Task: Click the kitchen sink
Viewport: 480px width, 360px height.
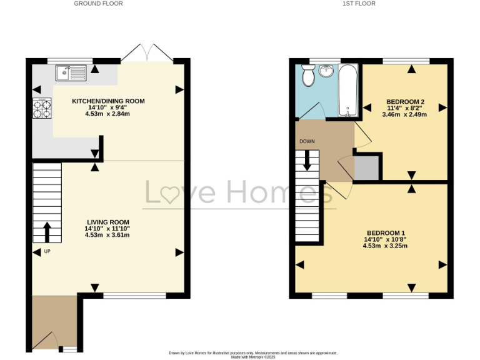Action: tap(71, 74)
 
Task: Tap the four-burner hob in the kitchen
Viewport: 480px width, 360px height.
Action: tap(43, 109)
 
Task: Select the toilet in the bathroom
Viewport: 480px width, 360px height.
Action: tap(307, 76)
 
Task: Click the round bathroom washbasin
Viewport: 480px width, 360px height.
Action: tap(326, 71)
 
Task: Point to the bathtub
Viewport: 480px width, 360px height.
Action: tap(347, 91)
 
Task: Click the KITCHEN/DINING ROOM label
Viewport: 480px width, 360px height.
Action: tap(108, 101)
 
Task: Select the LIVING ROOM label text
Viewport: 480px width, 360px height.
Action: tap(108, 222)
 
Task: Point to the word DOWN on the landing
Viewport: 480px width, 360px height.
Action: tap(307, 141)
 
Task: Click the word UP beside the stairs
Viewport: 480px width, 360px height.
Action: tap(47, 252)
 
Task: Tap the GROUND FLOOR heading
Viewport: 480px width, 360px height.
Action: tap(98, 4)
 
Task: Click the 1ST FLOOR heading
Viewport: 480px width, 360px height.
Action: tap(369, 4)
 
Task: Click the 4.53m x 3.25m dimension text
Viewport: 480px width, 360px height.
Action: tap(385, 246)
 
